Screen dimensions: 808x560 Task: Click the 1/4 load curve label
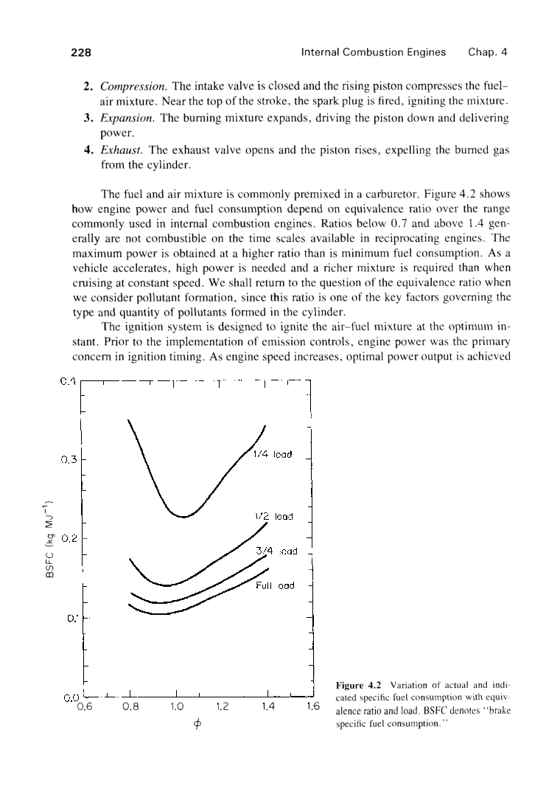tap(274, 454)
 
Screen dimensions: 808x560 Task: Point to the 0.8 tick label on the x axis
tap(129, 705)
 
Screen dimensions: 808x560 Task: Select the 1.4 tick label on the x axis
tap(267, 705)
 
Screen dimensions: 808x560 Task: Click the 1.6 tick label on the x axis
tap(312, 705)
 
